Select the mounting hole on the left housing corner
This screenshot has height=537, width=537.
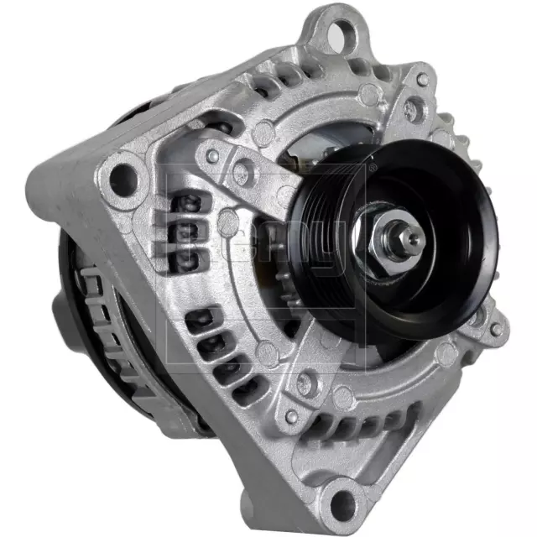pyautogui.click(x=123, y=177)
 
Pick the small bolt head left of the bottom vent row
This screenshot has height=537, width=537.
pyautogui.click(x=291, y=415)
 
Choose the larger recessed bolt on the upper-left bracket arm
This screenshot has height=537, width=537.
pyautogui.click(x=242, y=175)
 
